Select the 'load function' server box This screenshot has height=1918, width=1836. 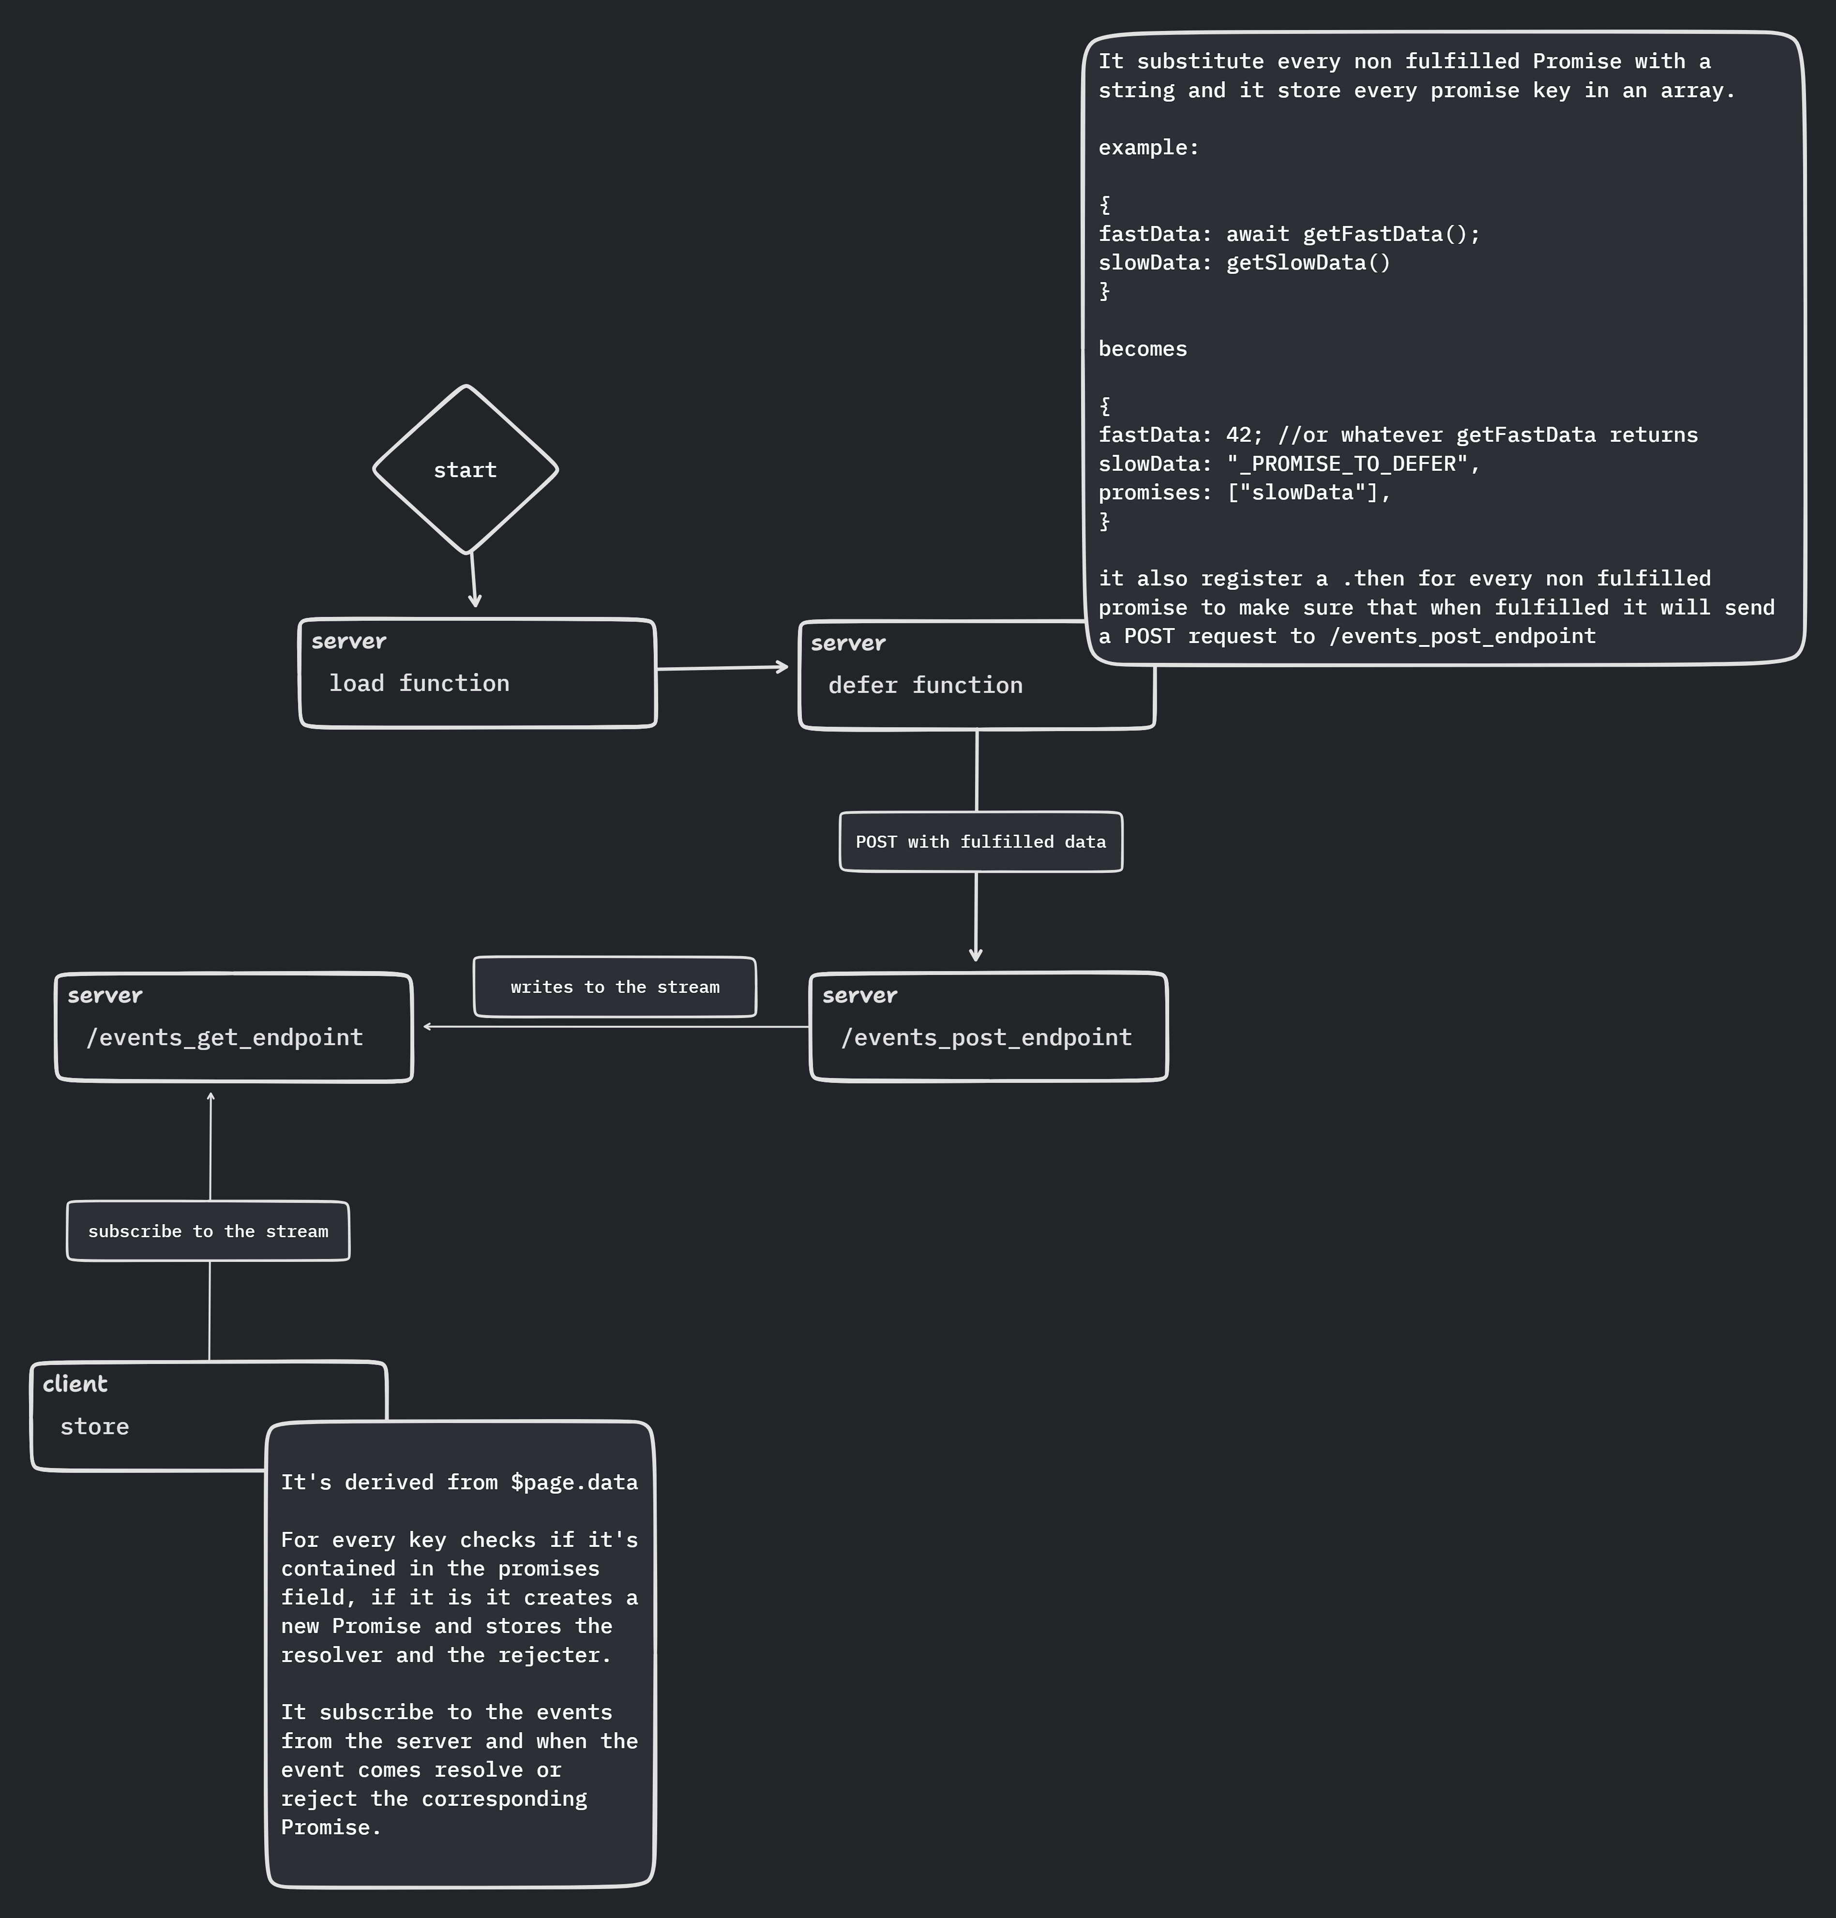tap(478, 673)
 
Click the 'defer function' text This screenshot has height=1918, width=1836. tap(925, 685)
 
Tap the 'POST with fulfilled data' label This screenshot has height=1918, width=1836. tap(980, 841)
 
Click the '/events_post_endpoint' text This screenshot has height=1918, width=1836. tap(987, 1037)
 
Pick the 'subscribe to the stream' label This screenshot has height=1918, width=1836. tap(208, 1231)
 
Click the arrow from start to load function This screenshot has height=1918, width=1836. tap(473, 579)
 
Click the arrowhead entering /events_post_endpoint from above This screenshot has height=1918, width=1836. tap(976, 954)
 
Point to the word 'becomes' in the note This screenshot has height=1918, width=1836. tap(1142, 349)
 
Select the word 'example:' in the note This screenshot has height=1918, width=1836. tap(1148, 148)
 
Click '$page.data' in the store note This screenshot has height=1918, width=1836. tap(573, 1483)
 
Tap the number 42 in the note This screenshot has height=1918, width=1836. tap(1238, 435)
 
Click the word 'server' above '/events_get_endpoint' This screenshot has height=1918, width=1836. tap(105, 995)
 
